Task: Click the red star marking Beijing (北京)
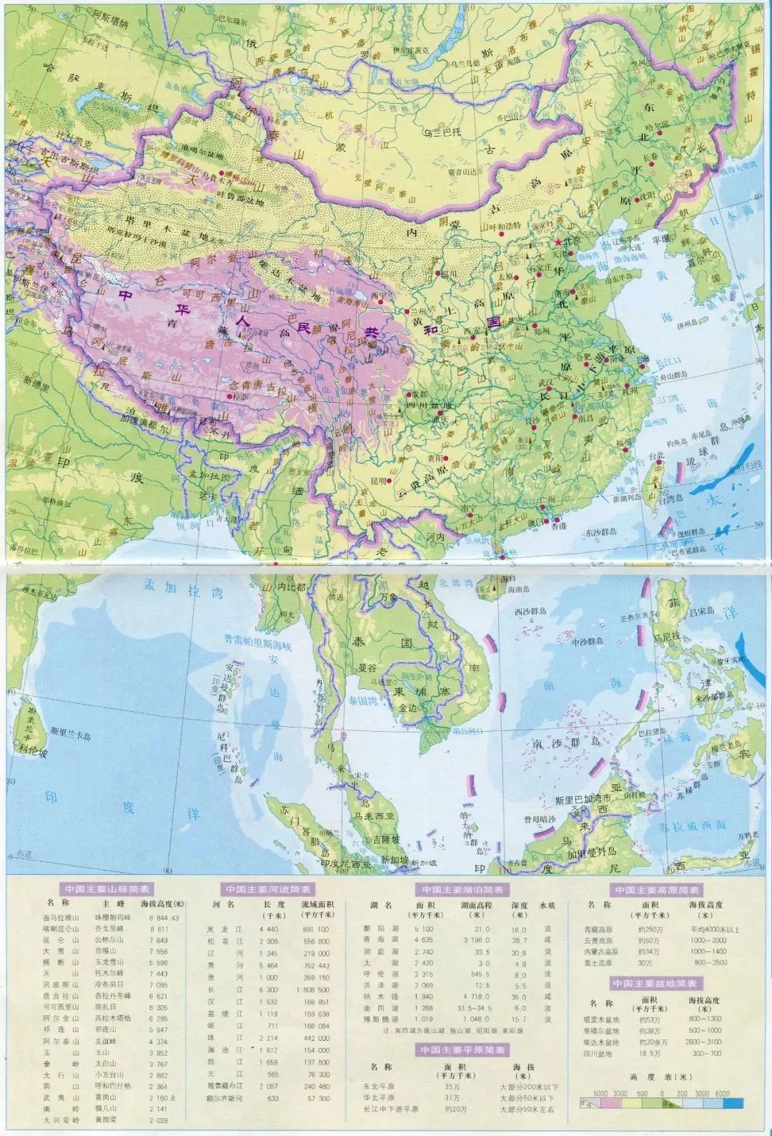[x=558, y=243]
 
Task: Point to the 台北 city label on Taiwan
[x=659, y=454]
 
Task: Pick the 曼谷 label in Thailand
[x=367, y=665]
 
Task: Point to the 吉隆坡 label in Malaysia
[x=380, y=839]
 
